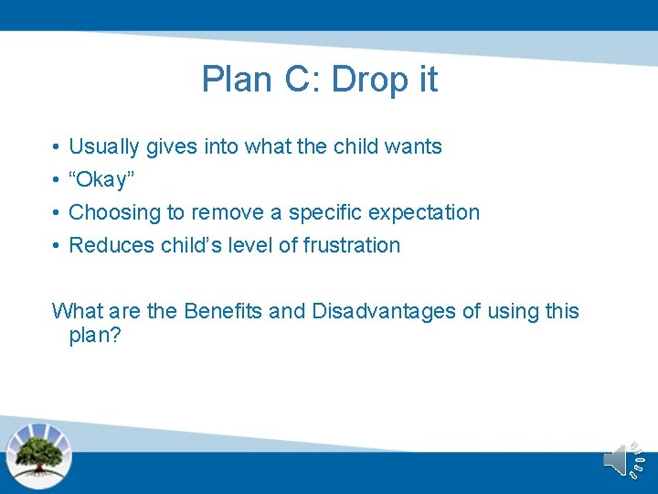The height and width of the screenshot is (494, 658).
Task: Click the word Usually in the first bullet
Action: coord(103,146)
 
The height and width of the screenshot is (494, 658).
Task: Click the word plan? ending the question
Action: coord(95,336)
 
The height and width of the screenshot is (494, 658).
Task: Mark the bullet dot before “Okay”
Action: coord(57,180)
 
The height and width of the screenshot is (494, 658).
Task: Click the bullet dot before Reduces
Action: coord(57,246)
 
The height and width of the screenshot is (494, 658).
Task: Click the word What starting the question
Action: coord(77,311)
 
